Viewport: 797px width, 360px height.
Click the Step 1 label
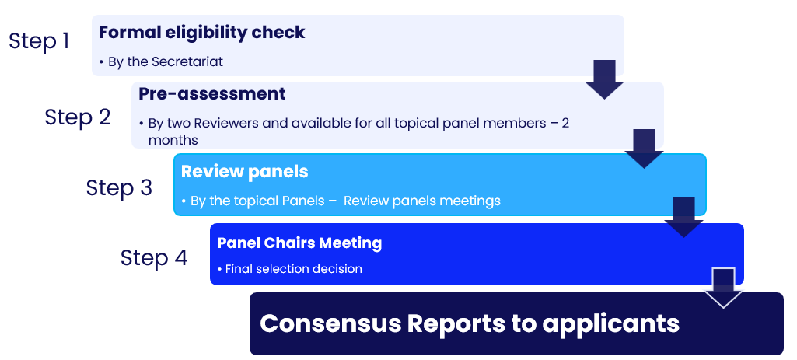39,40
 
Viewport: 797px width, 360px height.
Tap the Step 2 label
78,117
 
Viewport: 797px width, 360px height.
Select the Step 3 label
119,187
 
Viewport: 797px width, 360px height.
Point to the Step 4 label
154,258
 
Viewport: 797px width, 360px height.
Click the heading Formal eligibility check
202,32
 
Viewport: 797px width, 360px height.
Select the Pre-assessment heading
212,93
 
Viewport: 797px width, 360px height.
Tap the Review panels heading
244,172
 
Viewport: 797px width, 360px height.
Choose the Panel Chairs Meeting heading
299,243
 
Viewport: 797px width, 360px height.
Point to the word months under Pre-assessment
173,140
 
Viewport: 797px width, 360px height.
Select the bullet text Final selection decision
293,268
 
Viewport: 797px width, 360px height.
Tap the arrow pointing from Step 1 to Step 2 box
604,79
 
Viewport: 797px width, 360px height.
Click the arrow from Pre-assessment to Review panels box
644,149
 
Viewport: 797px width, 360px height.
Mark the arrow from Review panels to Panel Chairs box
683,218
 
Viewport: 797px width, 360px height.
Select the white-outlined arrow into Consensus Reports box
723,288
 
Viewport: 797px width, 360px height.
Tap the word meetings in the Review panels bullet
470,201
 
